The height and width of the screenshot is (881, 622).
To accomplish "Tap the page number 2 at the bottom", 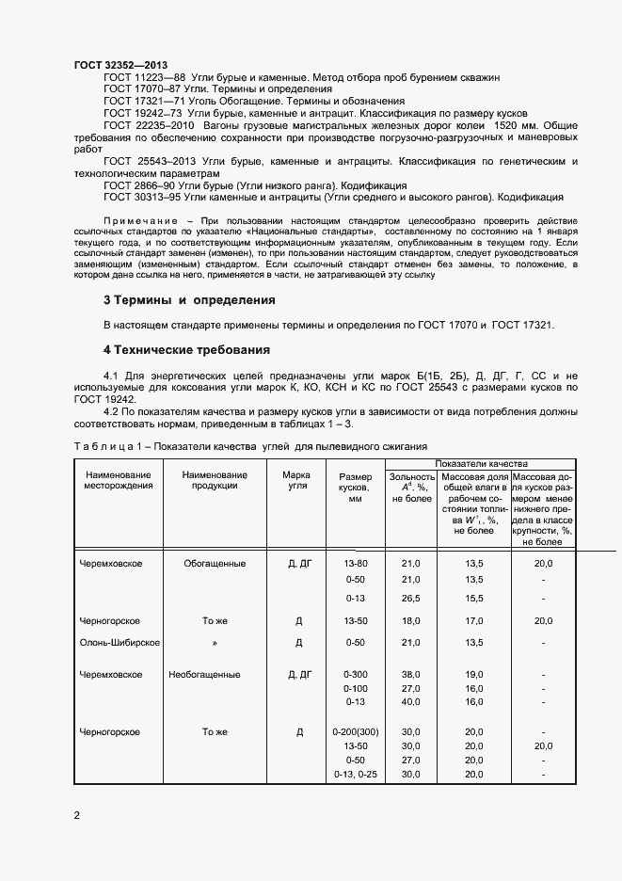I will point(77,815).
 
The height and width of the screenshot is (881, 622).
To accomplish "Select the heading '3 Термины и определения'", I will point(188,300).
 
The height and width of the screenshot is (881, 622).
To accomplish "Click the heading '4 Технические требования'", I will point(186,349).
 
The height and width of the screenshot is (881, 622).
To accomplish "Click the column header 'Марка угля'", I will point(296,480).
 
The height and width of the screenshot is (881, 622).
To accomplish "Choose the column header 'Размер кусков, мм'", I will point(355,488).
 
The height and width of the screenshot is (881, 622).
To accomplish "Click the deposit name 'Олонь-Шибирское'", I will point(119,643).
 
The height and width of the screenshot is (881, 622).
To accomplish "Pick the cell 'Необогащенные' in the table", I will point(204,675).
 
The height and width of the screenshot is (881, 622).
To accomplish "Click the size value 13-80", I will point(356,563).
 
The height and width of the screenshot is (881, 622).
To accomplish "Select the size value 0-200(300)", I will point(355,731).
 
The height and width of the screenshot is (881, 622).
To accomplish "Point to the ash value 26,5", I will point(410,598).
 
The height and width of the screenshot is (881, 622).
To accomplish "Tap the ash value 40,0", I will point(410,701).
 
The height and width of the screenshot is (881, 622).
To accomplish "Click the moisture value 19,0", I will point(474,675).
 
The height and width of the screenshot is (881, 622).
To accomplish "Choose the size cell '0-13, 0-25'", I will point(355,774).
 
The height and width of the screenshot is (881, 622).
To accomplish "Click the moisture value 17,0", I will point(474,621).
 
